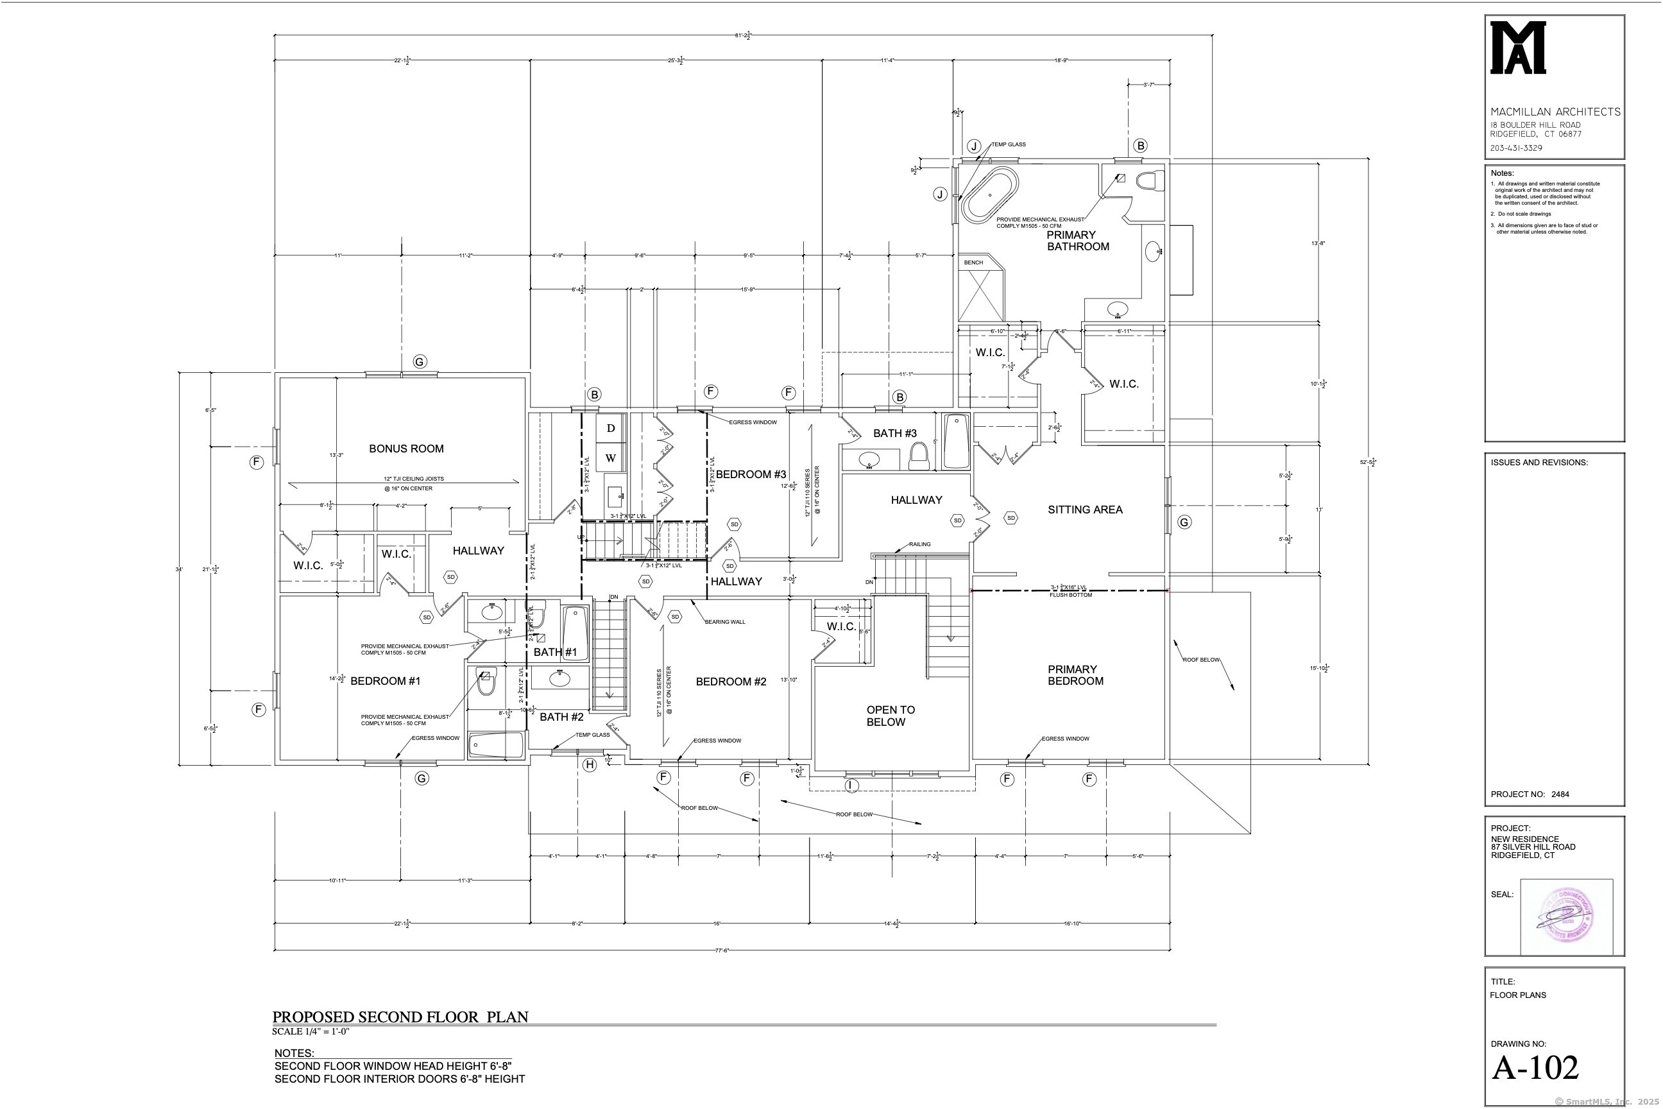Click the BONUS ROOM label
coord(406,449)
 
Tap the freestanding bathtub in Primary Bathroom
coord(989,193)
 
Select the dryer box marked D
coord(610,428)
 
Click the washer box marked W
coord(610,458)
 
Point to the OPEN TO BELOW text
coord(889,715)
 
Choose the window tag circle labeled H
coord(590,764)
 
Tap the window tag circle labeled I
coord(851,785)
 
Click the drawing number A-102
coord(1535,1068)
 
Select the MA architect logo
coord(1517,47)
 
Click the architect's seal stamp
coord(1566,916)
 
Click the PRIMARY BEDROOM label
coord(1075,675)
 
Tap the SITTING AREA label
coord(1085,509)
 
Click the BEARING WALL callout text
coord(725,622)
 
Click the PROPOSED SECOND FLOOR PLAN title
coord(400,1017)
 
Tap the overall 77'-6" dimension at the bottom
coord(721,950)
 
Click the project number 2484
coord(1560,795)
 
